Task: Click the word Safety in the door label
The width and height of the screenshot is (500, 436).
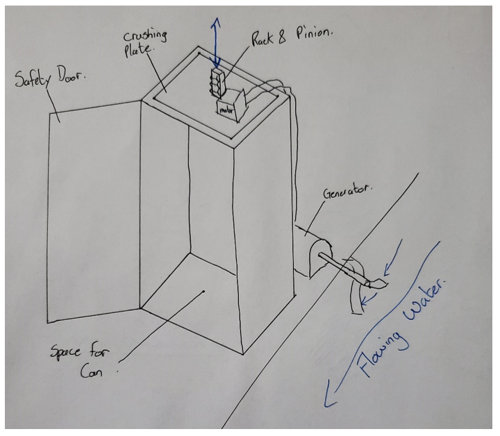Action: coord(33,78)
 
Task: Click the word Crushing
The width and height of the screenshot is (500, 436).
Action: coord(145,36)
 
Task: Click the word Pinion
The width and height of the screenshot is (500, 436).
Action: coord(314,32)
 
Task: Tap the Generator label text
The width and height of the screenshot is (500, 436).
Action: coord(347,192)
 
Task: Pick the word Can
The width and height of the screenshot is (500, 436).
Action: coord(92,371)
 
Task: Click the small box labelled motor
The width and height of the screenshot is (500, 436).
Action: coord(226,110)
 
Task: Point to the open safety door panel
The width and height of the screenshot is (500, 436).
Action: coord(94,211)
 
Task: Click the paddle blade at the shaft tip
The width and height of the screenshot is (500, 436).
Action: coord(378,283)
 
